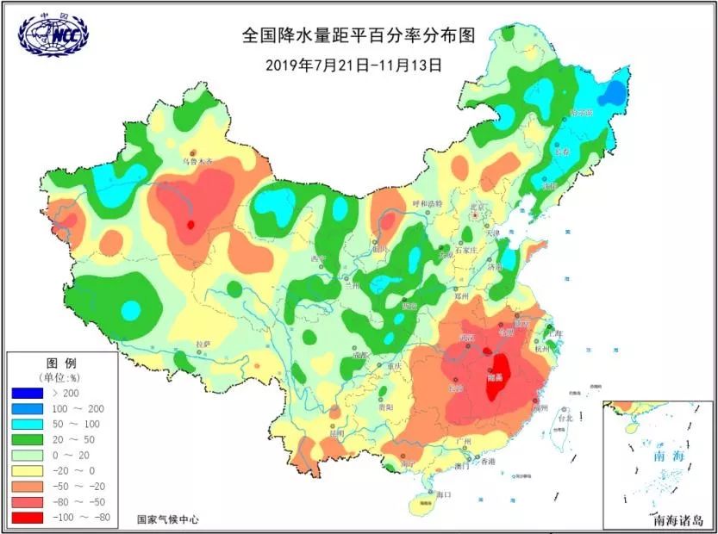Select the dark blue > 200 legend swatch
tap(31, 393)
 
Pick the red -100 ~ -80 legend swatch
tap(31, 517)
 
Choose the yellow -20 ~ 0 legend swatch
tap(31, 470)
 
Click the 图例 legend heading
tap(56, 360)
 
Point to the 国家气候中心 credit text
tap(168, 519)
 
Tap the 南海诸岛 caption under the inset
tap(678, 520)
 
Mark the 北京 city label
tap(478, 207)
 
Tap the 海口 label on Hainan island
tap(444, 495)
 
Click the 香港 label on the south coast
tap(488, 462)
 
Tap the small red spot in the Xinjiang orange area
tap(190, 226)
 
